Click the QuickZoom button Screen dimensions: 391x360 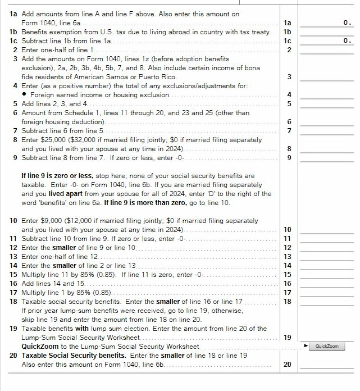[327, 346]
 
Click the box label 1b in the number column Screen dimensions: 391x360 [288, 31]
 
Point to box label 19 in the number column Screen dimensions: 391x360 [288, 337]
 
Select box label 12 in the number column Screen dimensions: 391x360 [288, 247]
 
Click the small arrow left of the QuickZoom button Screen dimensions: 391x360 [306, 345]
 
